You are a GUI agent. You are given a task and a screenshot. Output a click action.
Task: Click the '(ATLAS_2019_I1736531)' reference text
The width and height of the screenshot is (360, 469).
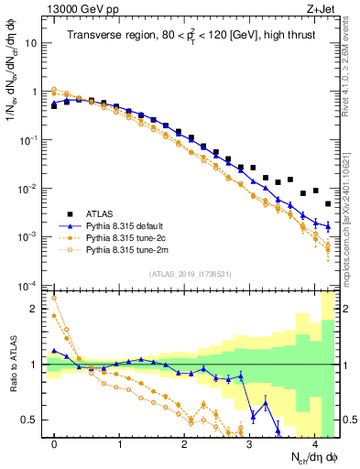[191, 274]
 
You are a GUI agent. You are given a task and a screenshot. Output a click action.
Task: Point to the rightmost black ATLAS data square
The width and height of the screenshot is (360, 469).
[328, 204]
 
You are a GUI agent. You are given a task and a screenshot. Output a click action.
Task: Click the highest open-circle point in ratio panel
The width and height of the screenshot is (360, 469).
[54, 298]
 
